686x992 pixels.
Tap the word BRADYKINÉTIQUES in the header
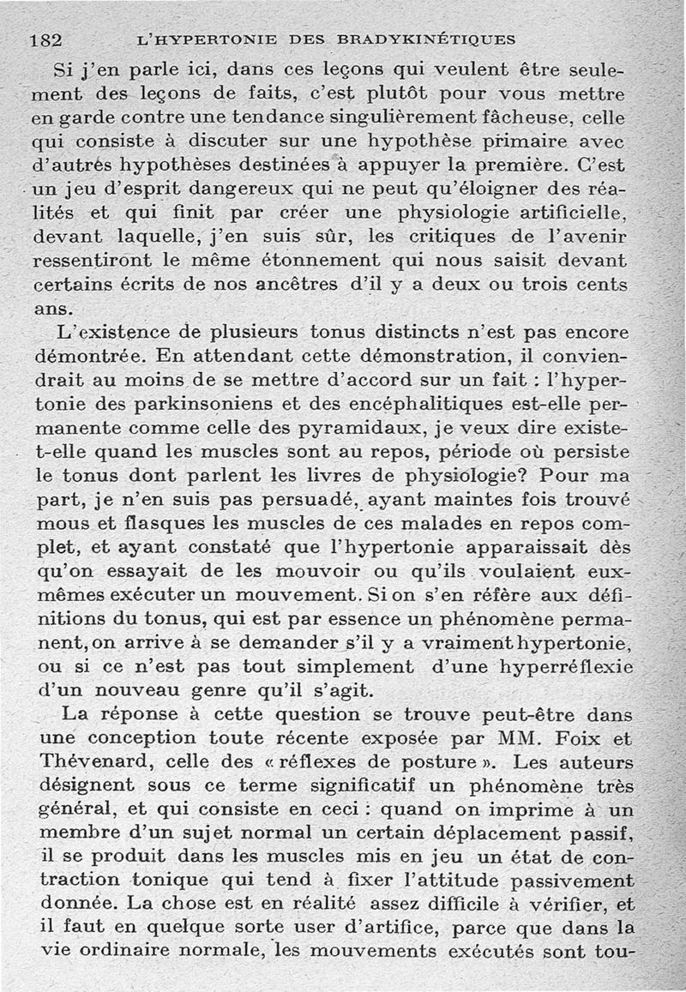[x=426, y=39]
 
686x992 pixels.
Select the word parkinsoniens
[x=196, y=400]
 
